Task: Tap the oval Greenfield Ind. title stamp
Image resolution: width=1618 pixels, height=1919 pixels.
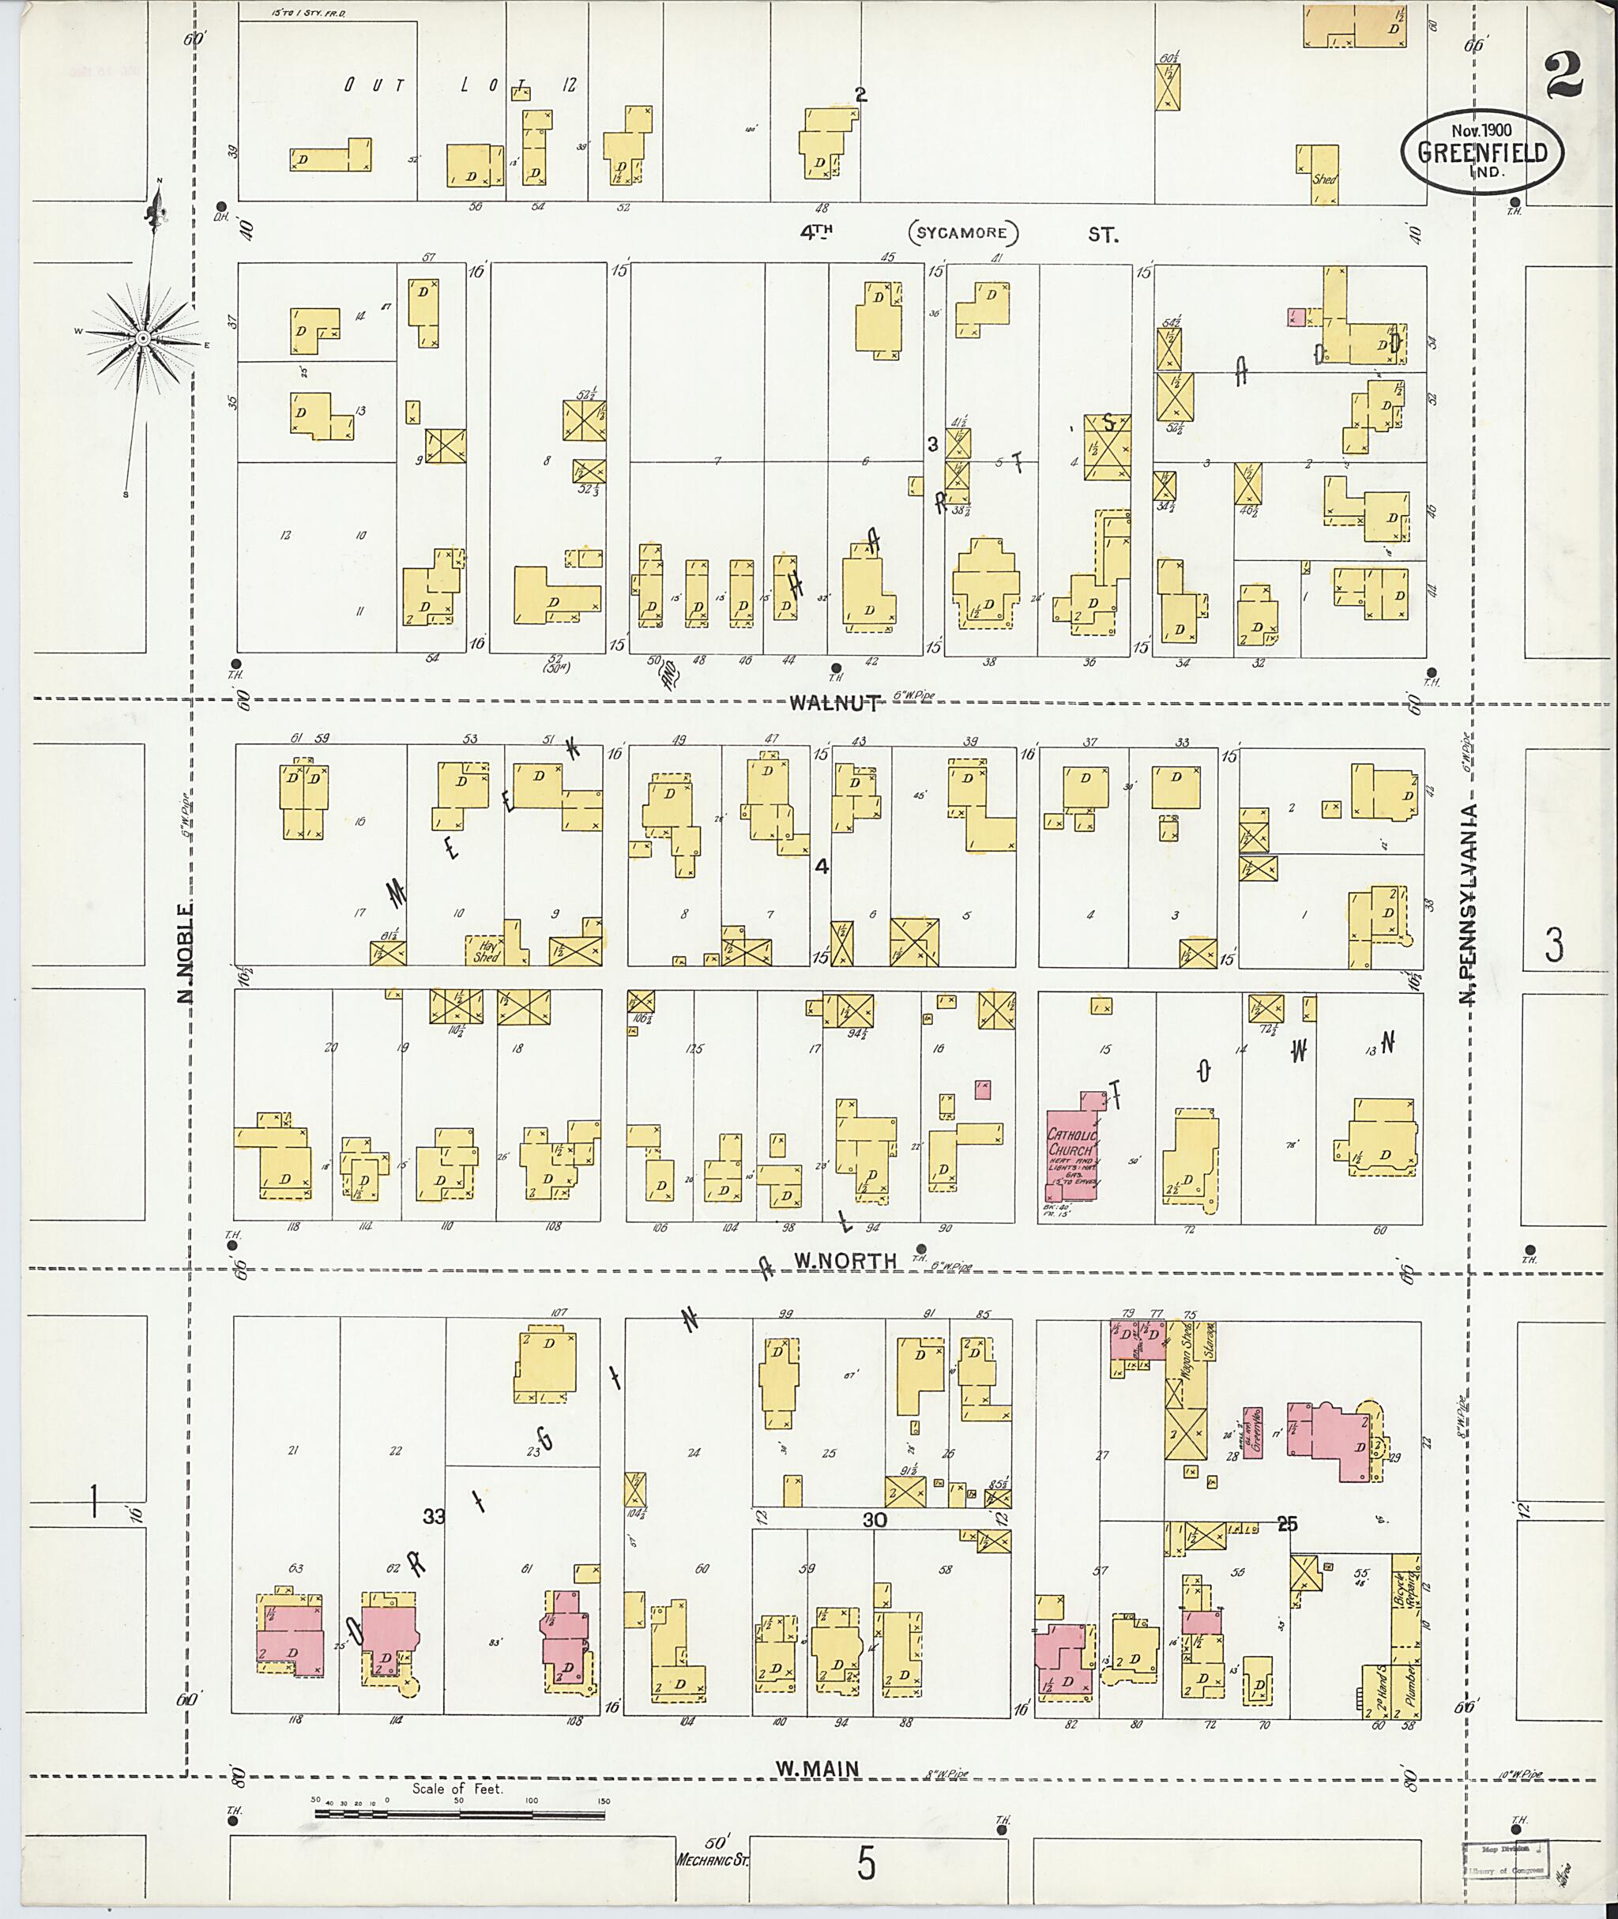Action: pos(1481,153)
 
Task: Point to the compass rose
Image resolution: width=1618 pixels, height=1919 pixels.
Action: pos(143,340)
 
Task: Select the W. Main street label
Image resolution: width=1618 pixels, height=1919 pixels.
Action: pos(819,1770)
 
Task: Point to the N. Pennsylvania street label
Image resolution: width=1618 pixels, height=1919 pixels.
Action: pos(1469,905)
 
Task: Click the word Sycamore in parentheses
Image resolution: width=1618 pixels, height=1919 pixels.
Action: pos(964,233)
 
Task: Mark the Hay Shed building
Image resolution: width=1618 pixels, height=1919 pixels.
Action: pos(487,950)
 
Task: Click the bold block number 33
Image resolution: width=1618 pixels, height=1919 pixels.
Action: pos(434,1517)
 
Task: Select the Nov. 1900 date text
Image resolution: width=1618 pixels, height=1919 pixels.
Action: pos(1481,130)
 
